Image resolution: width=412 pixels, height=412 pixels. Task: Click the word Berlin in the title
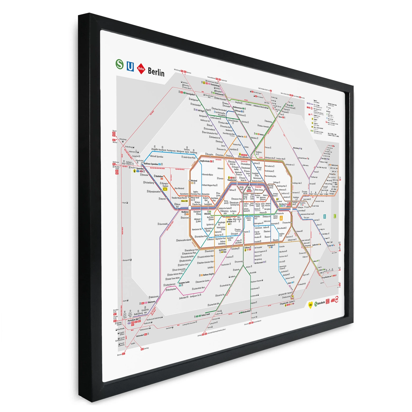point(156,72)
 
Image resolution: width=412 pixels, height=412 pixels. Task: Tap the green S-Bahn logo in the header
point(120,64)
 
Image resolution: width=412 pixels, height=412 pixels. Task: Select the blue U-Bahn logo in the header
point(130,66)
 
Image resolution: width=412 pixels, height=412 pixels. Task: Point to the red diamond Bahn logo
point(141,69)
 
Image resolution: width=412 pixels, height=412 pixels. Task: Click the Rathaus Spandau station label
point(151,164)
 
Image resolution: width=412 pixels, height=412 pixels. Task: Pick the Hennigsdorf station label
point(190,94)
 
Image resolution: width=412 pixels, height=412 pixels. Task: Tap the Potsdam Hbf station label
point(133,320)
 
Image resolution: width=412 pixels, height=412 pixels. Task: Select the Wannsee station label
point(151,302)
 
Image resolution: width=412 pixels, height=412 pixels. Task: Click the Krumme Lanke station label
point(184,282)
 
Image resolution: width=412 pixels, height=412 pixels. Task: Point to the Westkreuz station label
point(185,212)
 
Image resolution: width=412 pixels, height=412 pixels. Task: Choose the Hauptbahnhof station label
point(232,180)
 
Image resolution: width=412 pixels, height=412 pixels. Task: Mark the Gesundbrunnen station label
point(244,157)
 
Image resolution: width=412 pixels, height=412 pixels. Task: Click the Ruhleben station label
point(159,176)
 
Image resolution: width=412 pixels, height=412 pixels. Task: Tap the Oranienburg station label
point(215,85)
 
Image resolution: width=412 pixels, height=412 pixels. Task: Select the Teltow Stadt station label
point(205,315)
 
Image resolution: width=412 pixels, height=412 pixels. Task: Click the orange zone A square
point(281,218)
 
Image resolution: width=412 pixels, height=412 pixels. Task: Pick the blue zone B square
point(325,217)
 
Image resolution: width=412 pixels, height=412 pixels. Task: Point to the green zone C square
point(335,216)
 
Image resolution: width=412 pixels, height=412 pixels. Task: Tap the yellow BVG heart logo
point(310,305)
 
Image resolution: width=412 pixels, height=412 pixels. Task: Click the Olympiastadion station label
point(154,191)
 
